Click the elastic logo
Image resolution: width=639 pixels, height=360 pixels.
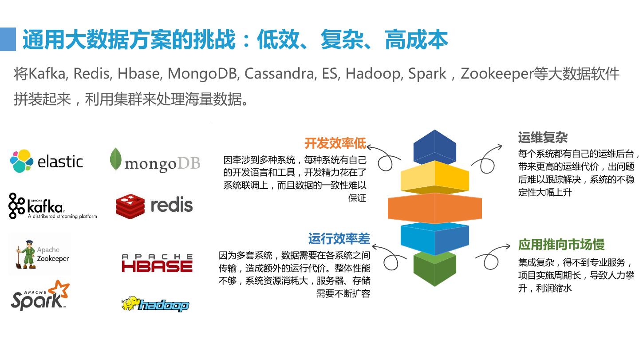47,161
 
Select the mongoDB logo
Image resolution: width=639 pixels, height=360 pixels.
155,161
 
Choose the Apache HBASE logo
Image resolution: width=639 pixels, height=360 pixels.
157,263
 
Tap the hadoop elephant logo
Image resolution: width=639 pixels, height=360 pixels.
155,304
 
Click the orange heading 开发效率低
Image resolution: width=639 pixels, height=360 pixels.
335,143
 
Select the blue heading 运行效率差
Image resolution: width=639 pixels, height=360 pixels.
339,239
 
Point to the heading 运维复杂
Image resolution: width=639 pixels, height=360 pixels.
543,137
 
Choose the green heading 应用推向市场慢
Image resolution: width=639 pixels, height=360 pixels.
561,245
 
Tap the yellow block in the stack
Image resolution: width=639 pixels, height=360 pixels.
435,177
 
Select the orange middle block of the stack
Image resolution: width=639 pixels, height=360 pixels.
435,208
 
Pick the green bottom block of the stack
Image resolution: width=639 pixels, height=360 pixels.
435,269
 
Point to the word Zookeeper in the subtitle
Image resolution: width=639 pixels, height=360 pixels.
497,74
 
